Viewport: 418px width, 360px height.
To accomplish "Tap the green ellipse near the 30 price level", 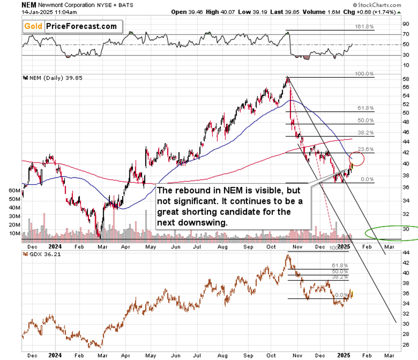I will [x=390, y=232].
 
